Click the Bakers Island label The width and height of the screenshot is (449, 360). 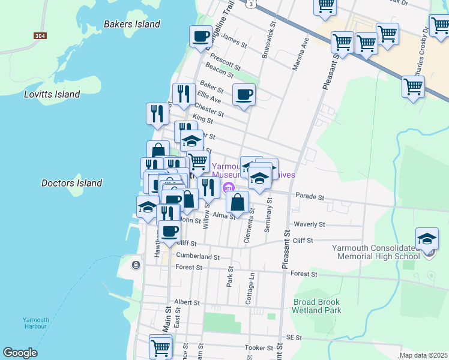pos(132,25)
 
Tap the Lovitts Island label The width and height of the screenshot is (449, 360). pos(52,95)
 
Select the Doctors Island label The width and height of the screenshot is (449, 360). pos(71,183)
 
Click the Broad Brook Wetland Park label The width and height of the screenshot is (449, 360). pos(316,306)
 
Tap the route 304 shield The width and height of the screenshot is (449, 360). pos(40,36)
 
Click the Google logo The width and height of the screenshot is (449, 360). pos(20,353)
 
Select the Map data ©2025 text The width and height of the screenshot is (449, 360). pos(423,355)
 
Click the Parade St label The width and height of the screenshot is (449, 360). pos(309,197)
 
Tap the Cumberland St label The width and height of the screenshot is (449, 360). pos(195,256)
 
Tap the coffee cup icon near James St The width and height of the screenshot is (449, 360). pos(200,36)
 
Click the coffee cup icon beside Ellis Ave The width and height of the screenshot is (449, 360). pos(244,95)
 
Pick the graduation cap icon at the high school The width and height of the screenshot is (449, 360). pos(427,239)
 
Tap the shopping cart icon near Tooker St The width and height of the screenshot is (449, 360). pos(160,347)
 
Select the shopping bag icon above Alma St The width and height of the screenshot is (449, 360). pos(238,202)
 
